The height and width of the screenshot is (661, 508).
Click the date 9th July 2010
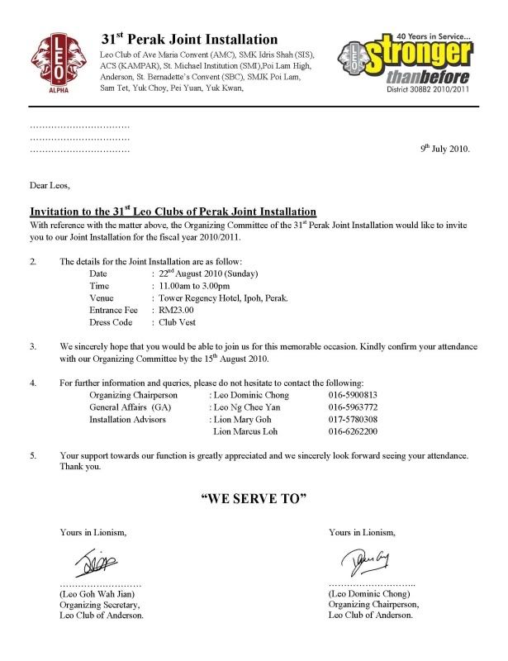(444, 150)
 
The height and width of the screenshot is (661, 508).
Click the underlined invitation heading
(173, 212)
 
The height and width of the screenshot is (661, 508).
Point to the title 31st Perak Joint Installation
(189, 39)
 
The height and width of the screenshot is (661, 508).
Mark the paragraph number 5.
(33, 455)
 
